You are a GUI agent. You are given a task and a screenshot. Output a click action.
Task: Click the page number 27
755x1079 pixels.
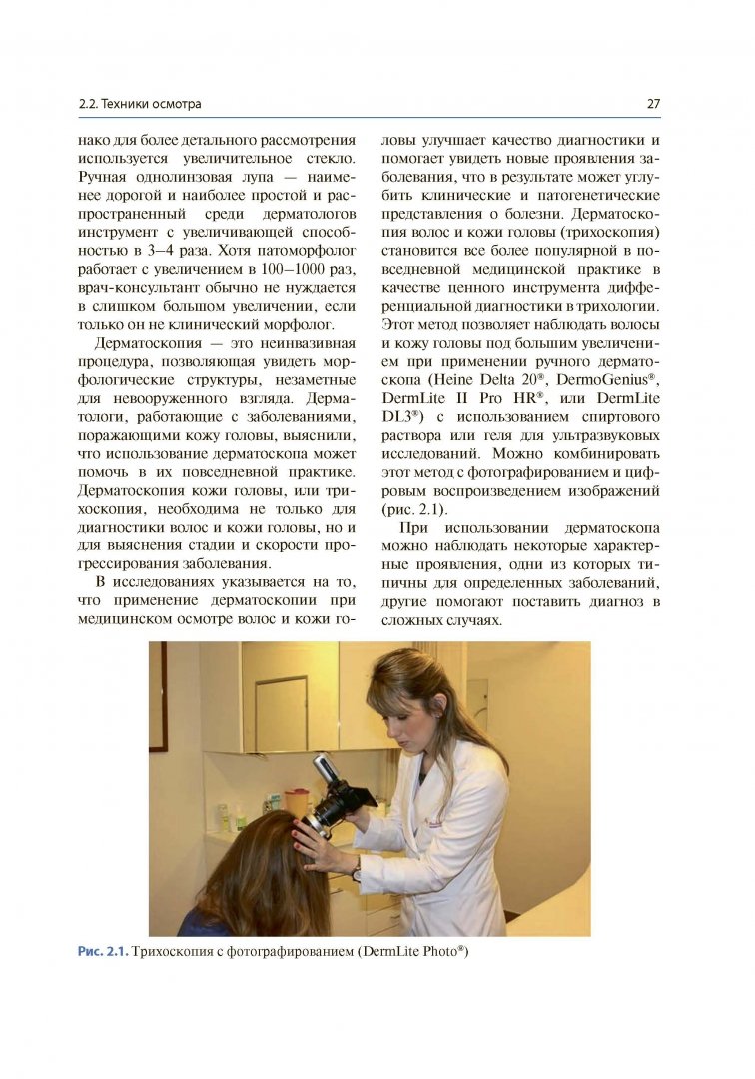(654, 104)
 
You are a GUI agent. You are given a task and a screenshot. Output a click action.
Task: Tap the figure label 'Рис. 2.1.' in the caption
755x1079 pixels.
(104, 951)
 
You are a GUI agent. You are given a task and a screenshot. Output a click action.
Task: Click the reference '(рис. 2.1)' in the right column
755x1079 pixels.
(411, 509)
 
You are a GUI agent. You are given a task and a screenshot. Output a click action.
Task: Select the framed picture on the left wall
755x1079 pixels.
(158, 696)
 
